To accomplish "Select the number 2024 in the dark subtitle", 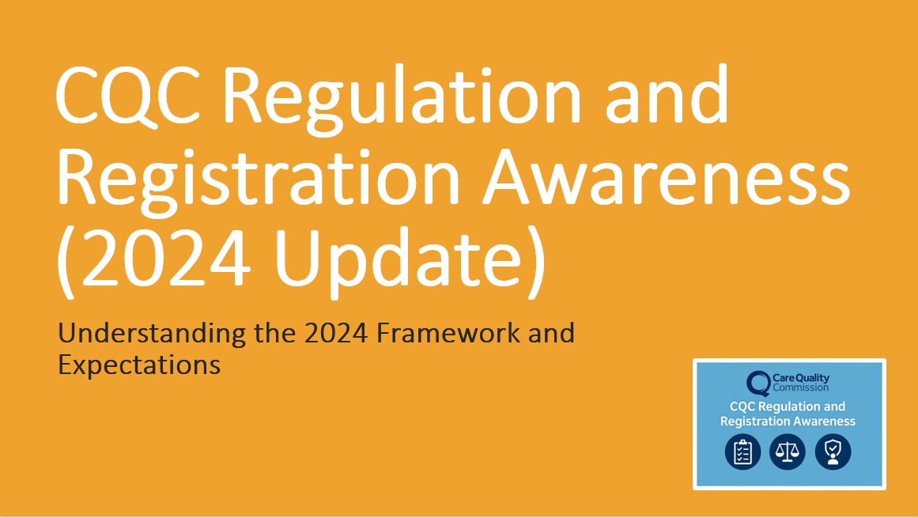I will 337,333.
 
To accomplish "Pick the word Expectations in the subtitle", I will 139,365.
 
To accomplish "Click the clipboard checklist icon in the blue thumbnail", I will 742,452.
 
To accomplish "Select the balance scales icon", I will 788,452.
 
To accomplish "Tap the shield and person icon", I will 833,452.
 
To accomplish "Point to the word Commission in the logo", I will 801,388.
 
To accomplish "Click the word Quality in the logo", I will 814,379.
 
